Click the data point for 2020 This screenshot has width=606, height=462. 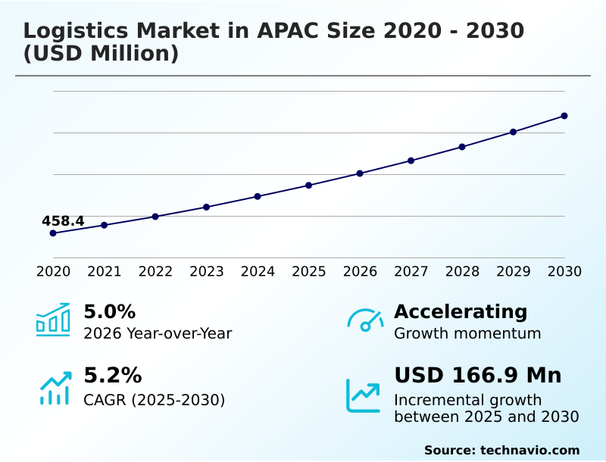[53, 233]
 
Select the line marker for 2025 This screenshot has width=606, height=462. [309, 186]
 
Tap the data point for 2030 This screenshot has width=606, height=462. [564, 116]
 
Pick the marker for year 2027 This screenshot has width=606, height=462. [411, 161]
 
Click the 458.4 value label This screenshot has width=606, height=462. [63, 221]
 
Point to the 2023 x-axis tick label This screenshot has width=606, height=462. [207, 272]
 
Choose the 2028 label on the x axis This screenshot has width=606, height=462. [462, 272]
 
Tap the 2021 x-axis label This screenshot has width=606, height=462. [105, 272]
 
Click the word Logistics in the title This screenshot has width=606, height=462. [77, 31]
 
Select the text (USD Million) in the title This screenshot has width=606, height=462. [101, 55]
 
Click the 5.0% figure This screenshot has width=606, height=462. [109, 311]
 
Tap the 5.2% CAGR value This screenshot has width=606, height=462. [112, 376]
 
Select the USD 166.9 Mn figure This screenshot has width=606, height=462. [478, 376]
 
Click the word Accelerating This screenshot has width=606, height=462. [461, 311]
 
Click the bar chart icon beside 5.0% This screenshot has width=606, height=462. [53, 320]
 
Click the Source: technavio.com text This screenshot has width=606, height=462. [501, 450]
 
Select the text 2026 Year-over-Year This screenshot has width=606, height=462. [158, 333]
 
